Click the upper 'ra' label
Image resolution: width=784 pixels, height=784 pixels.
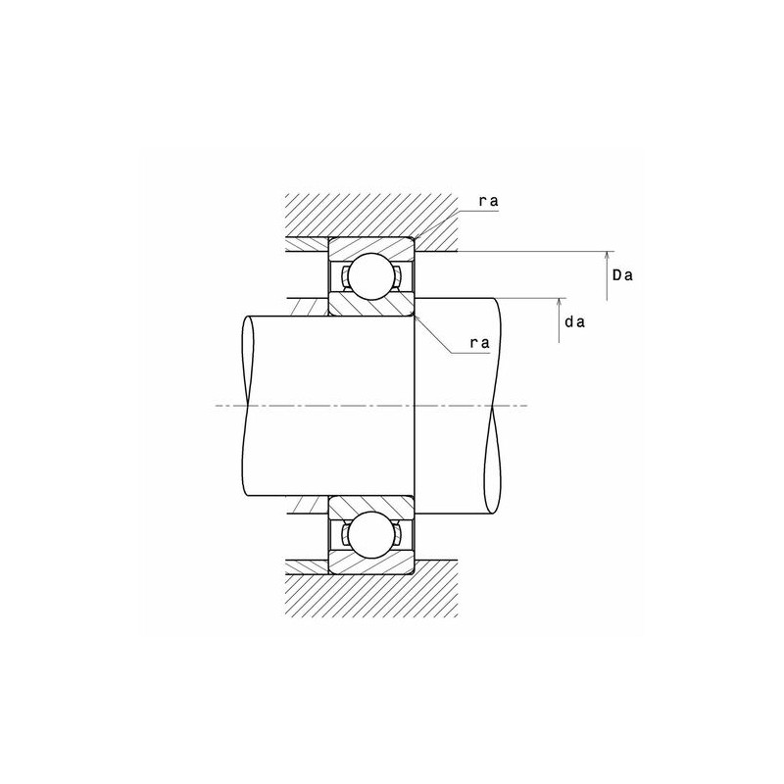488,201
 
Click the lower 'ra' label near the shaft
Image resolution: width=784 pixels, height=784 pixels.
479,342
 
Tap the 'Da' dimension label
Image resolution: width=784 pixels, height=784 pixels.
622,275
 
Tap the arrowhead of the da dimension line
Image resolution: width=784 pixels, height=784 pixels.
560,300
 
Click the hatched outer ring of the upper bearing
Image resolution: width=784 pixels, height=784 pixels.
369,244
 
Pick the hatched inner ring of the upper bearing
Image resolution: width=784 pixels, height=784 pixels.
369,307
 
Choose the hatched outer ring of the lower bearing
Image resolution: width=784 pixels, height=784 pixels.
369,566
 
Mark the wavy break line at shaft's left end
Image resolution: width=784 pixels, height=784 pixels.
242,407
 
